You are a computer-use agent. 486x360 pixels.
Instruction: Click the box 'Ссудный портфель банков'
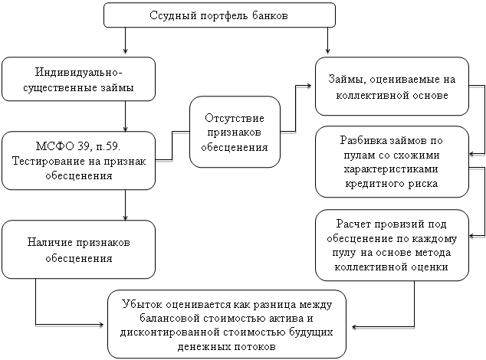point(219,15)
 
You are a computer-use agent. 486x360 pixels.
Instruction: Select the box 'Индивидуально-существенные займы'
point(78,79)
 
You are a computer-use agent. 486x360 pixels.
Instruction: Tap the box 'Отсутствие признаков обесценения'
point(235,132)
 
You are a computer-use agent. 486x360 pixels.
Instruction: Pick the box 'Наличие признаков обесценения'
point(78,250)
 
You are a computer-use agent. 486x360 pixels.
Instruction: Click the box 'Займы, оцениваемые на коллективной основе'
point(392,87)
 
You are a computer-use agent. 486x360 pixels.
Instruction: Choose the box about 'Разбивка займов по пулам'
point(392,162)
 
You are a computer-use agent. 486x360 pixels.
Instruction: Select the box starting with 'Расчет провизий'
point(392,245)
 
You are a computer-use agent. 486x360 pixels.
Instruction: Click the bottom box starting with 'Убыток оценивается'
point(227,324)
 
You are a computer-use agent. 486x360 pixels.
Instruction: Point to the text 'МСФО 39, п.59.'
point(77,146)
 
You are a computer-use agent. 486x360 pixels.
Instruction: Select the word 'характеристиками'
point(391,169)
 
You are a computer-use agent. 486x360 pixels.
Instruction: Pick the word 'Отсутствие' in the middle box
point(235,118)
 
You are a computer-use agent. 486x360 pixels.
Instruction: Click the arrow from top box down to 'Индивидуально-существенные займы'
point(125,41)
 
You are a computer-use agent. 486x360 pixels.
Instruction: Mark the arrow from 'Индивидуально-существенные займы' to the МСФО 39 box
point(125,116)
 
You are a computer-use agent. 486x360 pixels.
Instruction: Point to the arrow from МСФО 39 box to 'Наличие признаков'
point(125,205)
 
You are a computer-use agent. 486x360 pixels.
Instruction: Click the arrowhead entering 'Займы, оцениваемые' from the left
point(309,86)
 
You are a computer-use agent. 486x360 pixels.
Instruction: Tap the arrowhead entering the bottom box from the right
point(355,327)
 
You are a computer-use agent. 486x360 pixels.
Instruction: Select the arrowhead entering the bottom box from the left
point(101,325)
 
